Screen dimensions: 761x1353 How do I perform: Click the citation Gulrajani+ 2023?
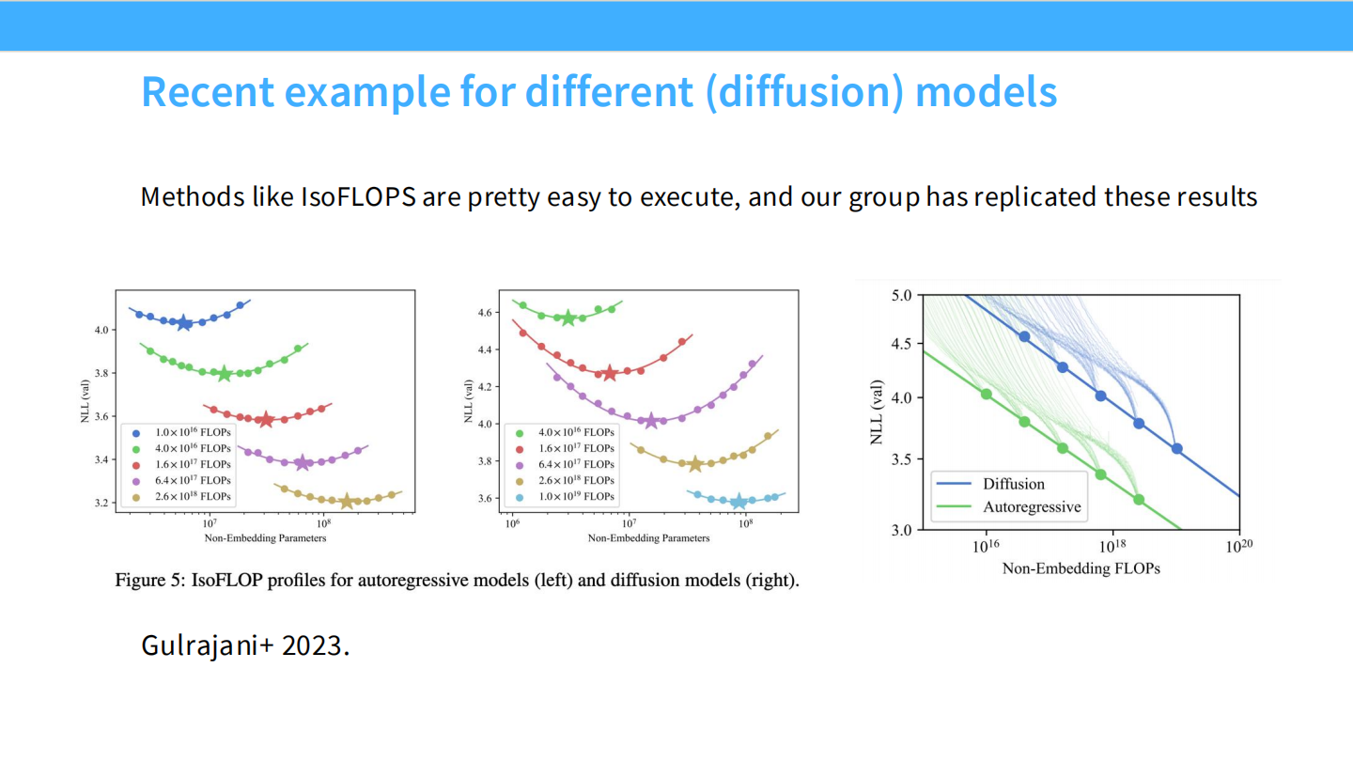pos(245,645)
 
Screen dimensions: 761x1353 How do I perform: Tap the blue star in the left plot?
pos(184,323)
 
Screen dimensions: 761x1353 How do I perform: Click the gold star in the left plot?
pos(347,502)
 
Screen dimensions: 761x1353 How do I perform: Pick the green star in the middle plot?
pos(568,318)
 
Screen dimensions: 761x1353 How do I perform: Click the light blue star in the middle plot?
pos(739,502)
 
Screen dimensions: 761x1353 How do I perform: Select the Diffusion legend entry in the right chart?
pos(1014,484)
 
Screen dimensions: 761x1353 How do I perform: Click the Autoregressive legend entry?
pos(1032,507)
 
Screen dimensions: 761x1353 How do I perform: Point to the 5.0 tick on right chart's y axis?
pos(902,295)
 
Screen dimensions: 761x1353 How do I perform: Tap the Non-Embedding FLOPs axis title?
pos(1081,568)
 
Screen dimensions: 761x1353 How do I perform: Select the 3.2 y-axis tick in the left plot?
pos(101,504)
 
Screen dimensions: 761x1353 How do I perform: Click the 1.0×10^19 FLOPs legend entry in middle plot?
pos(575,496)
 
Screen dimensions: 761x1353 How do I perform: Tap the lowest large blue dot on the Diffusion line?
pos(1176,449)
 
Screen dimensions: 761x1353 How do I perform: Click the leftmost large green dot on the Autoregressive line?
pos(987,394)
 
